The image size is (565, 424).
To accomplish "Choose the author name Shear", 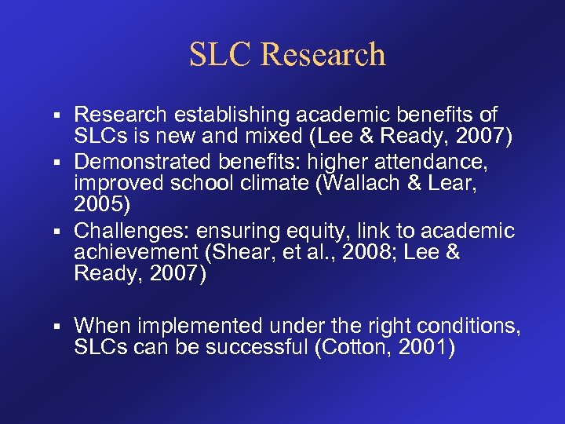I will coord(258,253).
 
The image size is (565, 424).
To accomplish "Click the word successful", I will coord(257,347).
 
